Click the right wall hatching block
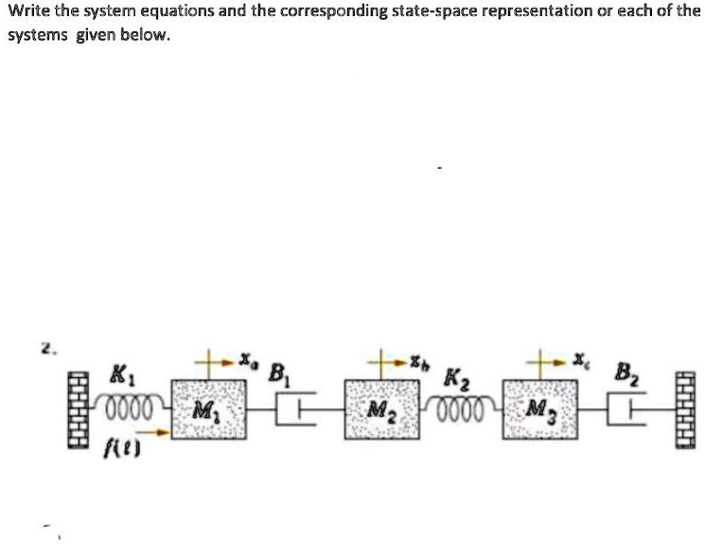coord(686,413)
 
